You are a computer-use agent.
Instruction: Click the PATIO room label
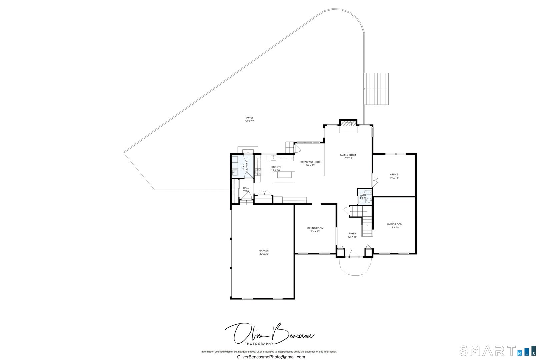[x=250, y=118]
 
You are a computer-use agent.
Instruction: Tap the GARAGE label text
[x=264, y=250]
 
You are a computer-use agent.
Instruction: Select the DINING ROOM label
[x=315, y=228]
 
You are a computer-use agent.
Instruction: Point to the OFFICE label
[x=394, y=174]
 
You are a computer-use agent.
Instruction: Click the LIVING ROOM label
[x=395, y=224]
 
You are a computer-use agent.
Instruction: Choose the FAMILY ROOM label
[x=348, y=155]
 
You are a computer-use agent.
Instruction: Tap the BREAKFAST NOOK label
[x=310, y=162]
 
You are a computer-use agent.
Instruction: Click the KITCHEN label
[x=276, y=167]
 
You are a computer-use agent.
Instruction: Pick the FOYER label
[x=352, y=233]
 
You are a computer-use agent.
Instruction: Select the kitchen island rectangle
[x=285, y=177]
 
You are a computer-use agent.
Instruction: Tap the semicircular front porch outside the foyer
[x=355, y=266]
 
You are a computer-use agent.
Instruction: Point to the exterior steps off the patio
[x=376, y=89]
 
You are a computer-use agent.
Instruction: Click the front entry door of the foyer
[x=354, y=255]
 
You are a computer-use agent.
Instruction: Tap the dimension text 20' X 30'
[x=264, y=254]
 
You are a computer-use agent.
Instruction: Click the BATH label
[x=362, y=195]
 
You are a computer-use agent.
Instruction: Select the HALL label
[x=246, y=188]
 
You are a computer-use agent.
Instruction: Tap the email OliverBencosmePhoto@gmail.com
[x=271, y=357]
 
